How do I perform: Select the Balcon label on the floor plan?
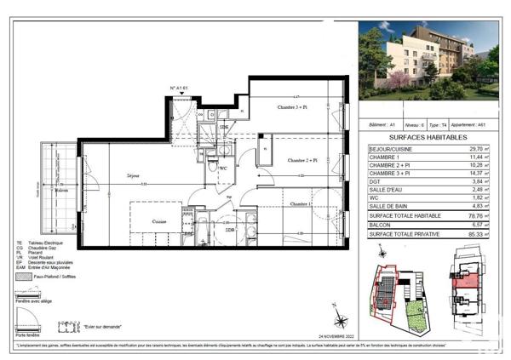pos(60,191)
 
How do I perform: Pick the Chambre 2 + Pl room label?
pos(301,160)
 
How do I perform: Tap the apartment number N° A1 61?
pos(179,88)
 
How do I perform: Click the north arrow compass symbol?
pos(341,321)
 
